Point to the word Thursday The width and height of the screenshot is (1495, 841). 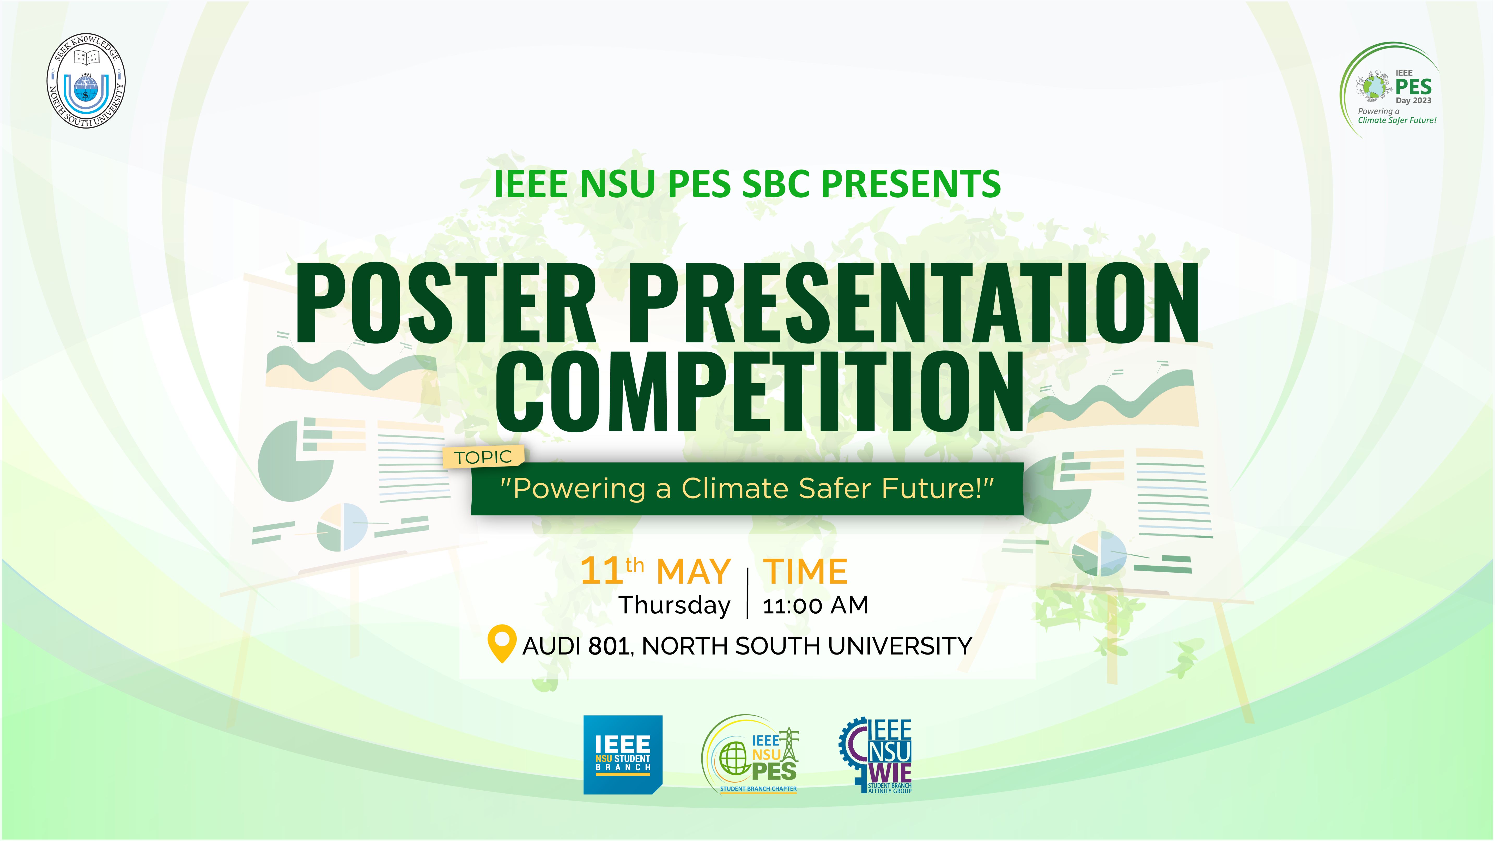(x=674, y=605)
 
